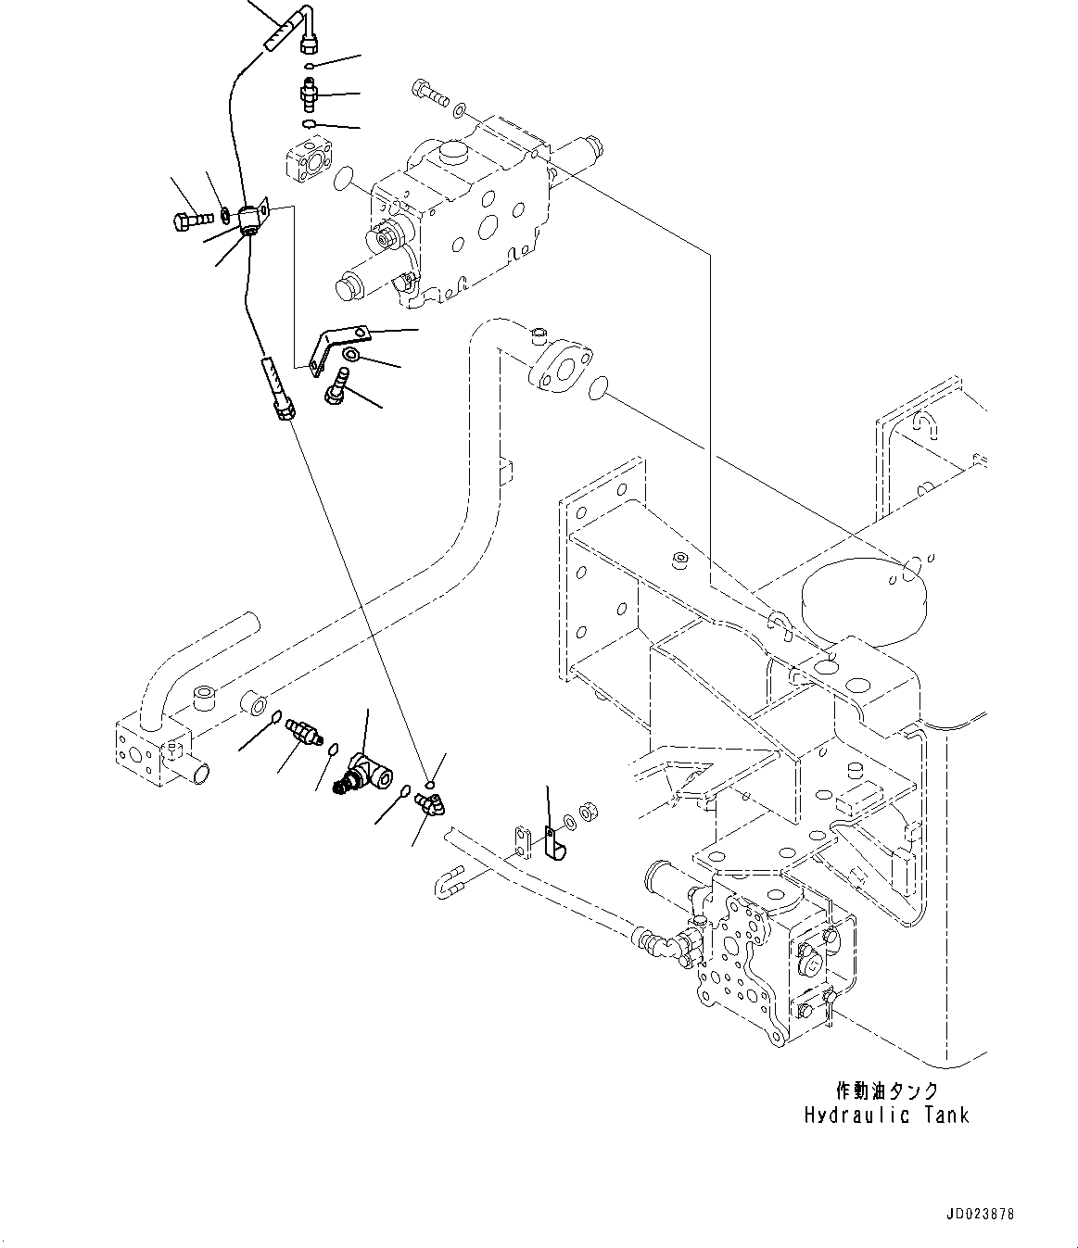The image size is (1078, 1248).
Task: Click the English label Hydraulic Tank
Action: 886,1116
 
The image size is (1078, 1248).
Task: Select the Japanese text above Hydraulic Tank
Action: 886,1090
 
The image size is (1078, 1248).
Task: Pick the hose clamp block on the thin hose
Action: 251,220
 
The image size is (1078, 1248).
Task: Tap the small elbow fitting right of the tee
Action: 429,802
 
